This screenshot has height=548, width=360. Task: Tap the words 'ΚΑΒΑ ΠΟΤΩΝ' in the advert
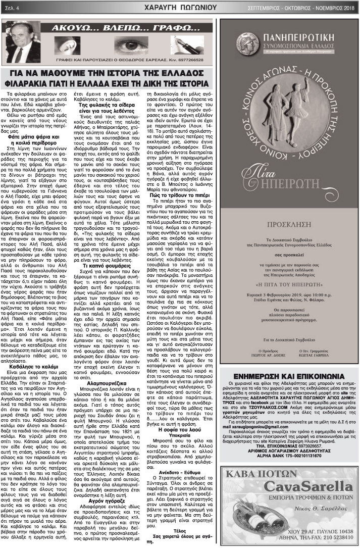click(x=258, y=460)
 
